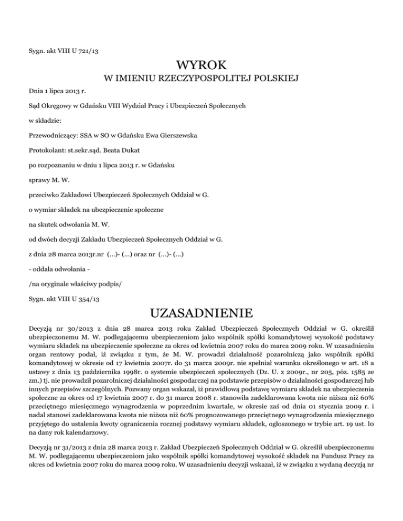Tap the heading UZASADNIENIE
(201, 314)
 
